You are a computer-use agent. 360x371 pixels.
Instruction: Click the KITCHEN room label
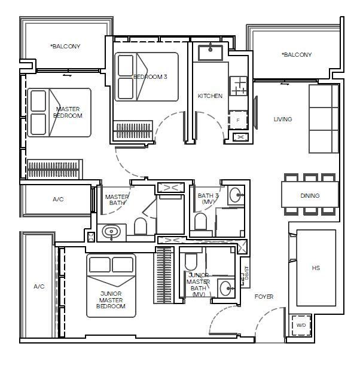point(210,96)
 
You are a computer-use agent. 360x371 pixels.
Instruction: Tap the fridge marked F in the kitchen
point(238,120)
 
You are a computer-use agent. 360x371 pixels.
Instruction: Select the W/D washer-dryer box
point(301,326)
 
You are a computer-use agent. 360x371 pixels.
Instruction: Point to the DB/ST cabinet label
point(246,273)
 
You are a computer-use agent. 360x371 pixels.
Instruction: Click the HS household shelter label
point(316,268)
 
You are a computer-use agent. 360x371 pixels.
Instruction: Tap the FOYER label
point(264,296)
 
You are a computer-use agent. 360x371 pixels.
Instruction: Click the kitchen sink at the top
point(210,53)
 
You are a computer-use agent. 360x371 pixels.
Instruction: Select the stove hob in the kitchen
point(239,86)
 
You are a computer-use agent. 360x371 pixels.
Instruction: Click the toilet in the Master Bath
point(140,226)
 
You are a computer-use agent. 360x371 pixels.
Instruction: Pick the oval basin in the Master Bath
point(111,232)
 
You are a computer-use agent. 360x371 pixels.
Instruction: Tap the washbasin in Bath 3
point(236,195)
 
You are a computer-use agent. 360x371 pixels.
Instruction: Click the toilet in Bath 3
point(200,222)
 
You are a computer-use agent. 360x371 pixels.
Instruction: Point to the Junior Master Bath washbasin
point(227,288)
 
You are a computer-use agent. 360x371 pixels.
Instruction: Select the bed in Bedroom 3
point(147,76)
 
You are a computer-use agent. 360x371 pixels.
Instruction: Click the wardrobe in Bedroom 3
point(133,131)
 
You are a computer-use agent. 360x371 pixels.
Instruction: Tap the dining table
point(310,195)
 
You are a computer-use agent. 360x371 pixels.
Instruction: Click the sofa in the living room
point(324,118)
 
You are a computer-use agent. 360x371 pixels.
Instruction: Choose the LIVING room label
point(283,119)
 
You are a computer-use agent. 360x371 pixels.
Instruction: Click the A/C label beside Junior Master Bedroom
point(39,287)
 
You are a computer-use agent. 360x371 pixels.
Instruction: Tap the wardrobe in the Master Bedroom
point(54,169)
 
